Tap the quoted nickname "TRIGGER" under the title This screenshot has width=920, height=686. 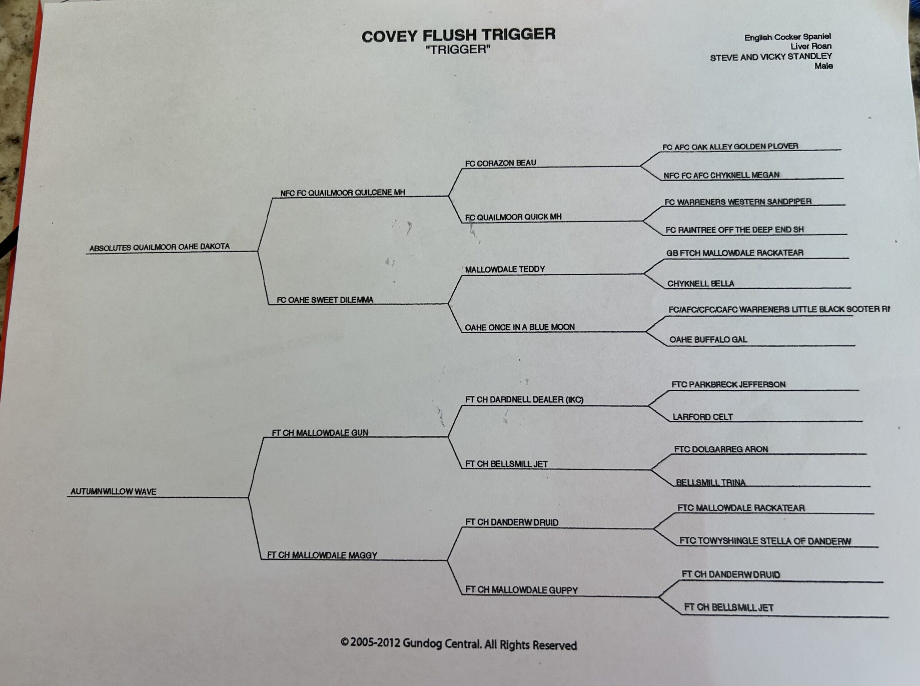(x=458, y=50)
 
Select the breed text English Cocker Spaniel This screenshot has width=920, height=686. (x=787, y=37)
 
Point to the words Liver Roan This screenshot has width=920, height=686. (x=810, y=46)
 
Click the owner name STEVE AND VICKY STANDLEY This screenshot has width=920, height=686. (x=770, y=57)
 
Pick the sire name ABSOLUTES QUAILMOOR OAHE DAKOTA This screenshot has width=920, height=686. (x=160, y=247)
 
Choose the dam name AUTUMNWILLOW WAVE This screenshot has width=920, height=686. (x=113, y=492)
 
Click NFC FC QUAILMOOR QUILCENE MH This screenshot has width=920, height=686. (x=342, y=193)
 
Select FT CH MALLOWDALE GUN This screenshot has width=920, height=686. (x=320, y=433)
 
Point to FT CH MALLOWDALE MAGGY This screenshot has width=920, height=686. (x=322, y=555)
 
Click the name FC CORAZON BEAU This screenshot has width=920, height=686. (x=500, y=163)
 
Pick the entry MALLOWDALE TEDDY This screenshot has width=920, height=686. (x=505, y=270)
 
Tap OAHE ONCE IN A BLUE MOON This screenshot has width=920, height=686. (x=519, y=327)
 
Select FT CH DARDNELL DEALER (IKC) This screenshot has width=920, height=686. (x=524, y=400)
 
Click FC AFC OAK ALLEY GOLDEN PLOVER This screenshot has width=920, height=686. (x=730, y=147)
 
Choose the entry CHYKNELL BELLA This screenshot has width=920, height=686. (x=700, y=284)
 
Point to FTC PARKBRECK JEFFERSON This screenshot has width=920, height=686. (x=728, y=385)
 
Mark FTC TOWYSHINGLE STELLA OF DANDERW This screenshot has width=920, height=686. (x=765, y=541)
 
